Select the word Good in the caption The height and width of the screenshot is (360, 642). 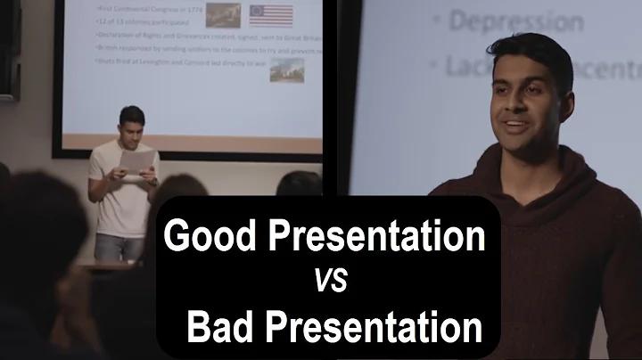[208, 237]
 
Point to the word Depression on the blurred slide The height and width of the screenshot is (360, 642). [508, 21]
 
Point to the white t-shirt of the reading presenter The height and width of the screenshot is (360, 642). [125, 200]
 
